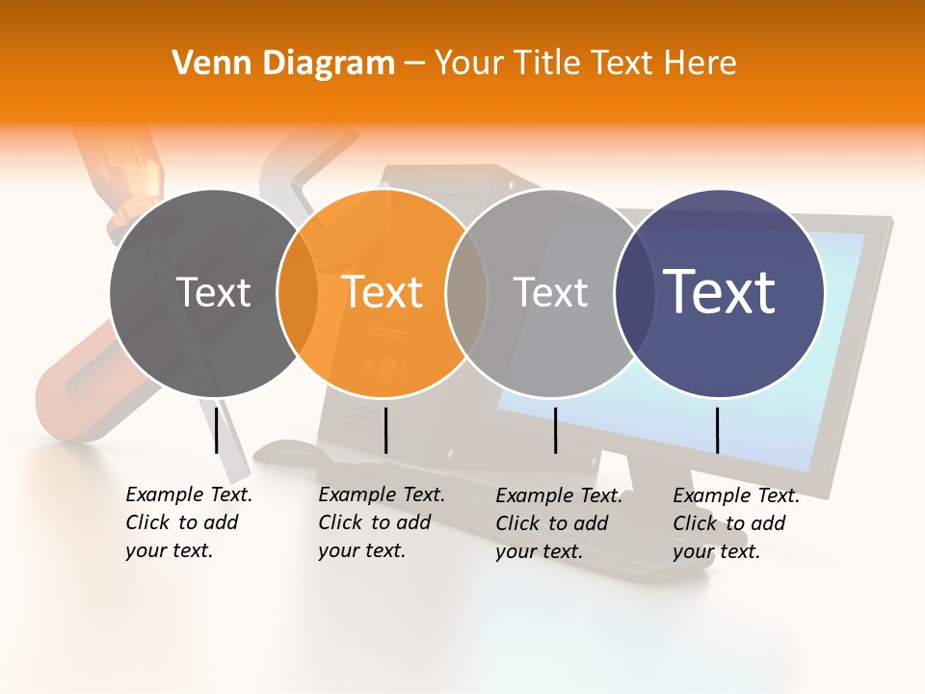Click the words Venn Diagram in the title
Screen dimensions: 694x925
(x=283, y=64)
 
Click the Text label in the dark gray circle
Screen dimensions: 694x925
(x=213, y=292)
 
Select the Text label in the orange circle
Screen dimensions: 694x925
(x=383, y=292)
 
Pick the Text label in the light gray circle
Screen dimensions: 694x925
(x=550, y=292)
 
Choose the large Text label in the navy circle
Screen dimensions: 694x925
(x=720, y=291)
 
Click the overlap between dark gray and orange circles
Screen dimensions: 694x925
(x=298, y=292)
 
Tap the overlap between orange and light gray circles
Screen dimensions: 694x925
(x=467, y=292)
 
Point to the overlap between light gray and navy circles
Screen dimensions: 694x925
(x=632, y=292)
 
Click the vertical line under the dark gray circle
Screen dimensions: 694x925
(x=217, y=430)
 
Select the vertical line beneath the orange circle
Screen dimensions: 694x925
(x=385, y=430)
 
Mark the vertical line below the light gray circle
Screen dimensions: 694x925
(x=556, y=430)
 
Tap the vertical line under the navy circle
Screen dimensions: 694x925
(x=717, y=430)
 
